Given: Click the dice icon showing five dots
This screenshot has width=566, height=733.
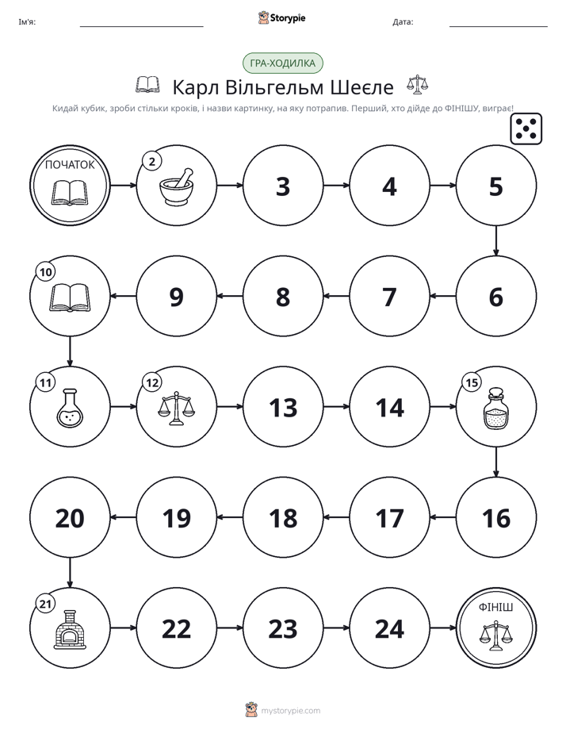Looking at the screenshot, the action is [x=526, y=129].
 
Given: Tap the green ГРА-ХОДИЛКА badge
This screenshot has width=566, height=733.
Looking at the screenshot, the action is [x=282, y=63].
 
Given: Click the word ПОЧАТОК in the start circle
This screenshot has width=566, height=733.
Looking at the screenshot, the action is [x=70, y=164].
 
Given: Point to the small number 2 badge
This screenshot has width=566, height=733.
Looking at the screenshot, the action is [x=151, y=162].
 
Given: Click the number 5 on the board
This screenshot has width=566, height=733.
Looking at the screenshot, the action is [x=496, y=186].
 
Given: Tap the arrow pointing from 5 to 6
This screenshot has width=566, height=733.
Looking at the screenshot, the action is [x=496, y=240].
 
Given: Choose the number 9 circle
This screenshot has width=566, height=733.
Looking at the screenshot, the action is [x=177, y=296].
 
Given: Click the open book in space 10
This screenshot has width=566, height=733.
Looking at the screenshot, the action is [x=70, y=297].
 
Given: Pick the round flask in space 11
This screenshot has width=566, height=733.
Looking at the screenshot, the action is [x=70, y=408].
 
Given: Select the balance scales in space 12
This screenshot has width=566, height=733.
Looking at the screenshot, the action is [x=176, y=408].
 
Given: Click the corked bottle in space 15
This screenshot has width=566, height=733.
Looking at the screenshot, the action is [x=496, y=408].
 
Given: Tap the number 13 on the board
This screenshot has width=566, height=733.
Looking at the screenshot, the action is [x=283, y=408].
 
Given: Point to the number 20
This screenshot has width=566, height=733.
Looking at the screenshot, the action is [x=70, y=518].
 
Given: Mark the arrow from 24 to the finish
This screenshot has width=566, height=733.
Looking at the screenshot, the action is [x=442, y=627].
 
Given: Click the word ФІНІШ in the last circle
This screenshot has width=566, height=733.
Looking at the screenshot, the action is [x=496, y=607].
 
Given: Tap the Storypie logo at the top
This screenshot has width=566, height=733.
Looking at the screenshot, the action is [x=282, y=17].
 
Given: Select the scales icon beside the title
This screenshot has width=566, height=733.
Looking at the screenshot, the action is [x=417, y=85].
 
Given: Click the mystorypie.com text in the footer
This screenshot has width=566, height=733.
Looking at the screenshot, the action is [x=290, y=711].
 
